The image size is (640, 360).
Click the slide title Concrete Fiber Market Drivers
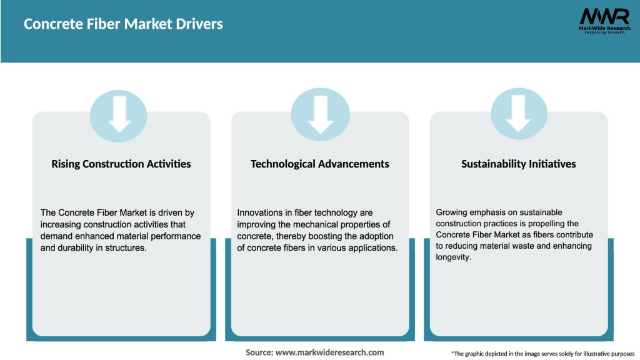(x=123, y=24)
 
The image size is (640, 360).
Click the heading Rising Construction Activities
(x=121, y=164)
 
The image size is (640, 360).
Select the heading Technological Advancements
(x=320, y=164)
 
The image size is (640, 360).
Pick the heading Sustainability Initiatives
(x=519, y=164)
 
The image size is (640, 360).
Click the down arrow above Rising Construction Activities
(x=119, y=113)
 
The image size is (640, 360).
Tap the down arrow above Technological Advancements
(x=321, y=113)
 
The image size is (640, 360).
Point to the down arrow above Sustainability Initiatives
(x=519, y=113)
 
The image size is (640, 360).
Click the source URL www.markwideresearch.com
(x=329, y=352)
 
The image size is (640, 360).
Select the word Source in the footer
(x=259, y=352)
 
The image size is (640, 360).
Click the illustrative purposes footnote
(x=542, y=354)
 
